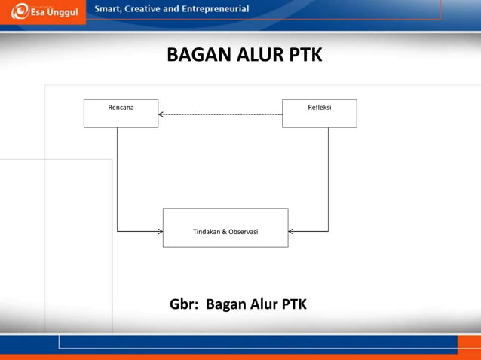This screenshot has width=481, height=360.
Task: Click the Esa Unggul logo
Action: (45, 11)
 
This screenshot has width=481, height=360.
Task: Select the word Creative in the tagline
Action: (151, 9)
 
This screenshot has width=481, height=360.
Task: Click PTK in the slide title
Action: (304, 56)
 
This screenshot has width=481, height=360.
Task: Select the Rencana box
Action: (121, 113)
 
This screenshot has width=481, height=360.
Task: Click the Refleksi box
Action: (319, 113)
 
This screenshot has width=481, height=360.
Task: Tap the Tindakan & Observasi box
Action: (225, 227)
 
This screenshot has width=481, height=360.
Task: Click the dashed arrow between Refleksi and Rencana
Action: (220, 114)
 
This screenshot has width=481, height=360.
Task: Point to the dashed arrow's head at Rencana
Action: (161, 114)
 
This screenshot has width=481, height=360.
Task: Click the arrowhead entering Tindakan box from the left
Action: (159, 231)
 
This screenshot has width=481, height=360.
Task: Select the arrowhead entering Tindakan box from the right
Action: (292, 231)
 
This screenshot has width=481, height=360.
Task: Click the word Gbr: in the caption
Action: (184, 304)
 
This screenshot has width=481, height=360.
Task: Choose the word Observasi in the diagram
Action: (242, 232)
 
